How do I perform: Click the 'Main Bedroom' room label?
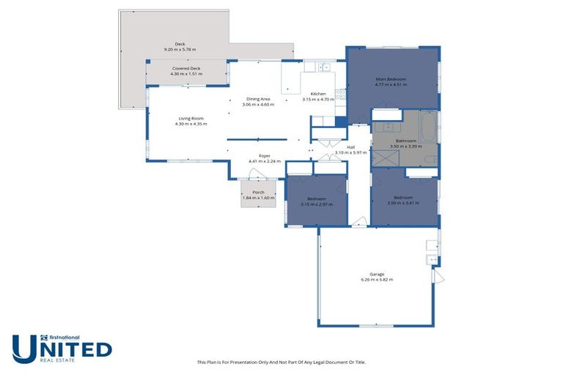[x=391, y=79]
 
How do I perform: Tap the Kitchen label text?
[x=318, y=94]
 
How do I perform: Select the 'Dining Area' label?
[x=258, y=99]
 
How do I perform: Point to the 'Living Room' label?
[x=191, y=118]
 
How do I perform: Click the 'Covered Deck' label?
[x=186, y=69]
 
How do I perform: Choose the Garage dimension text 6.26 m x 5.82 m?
[x=377, y=280]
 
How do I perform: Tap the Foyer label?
[x=265, y=155]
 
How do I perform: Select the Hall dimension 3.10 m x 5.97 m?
[x=350, y=152]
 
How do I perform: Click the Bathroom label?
[x=405, y=141]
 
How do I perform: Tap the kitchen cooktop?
[x=340, y=94]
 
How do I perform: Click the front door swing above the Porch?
[x=256, y=174]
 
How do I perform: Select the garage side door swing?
[x=438, y=277]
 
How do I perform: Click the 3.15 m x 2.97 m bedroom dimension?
[x=316, y=204]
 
